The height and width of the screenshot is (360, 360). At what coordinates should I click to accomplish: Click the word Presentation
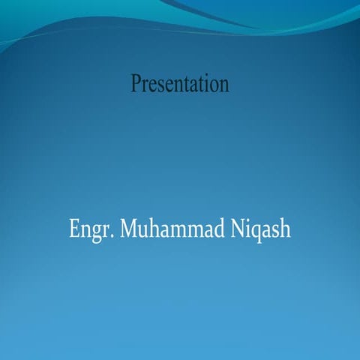coord(180,84)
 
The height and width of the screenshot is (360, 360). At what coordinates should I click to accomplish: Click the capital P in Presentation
coord(136,84)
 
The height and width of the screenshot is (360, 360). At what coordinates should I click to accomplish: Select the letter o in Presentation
coord(215,85)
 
